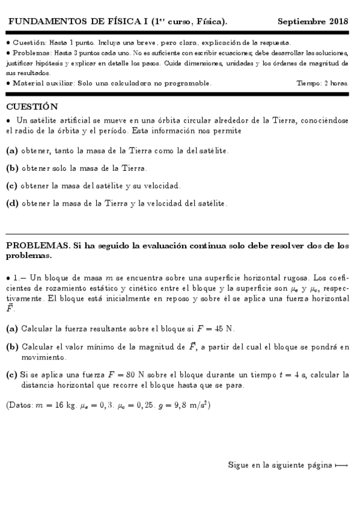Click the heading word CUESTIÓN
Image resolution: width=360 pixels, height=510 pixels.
[x=32, y=107]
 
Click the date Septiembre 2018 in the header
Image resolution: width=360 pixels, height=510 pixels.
[x=313, y=22]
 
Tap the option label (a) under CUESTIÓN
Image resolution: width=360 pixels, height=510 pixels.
[x=11, y=150]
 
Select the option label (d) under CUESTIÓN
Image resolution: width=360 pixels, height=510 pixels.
[x=11, y=203]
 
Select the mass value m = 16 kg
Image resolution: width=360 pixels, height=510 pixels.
[x=58, y=405]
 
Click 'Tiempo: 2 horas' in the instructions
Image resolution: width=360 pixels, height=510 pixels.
[x=322, y=82]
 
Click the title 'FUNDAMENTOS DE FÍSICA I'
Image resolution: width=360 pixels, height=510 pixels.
[x=67, y=22]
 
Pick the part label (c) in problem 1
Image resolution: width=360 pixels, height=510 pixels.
[x=11, y=375]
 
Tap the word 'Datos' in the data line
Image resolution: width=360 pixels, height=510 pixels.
[x=22, y=405]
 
